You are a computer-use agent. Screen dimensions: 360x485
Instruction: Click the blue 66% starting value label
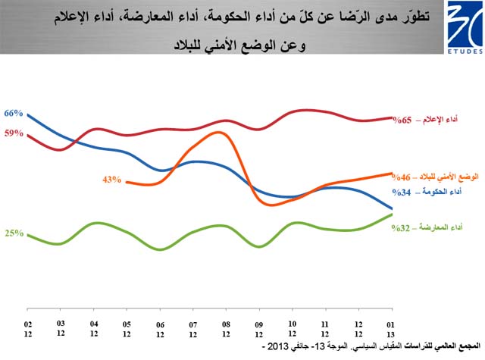(14, 114)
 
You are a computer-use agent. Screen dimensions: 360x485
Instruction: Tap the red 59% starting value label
(14, 133)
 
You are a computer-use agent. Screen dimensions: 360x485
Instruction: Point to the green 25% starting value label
(14, 233)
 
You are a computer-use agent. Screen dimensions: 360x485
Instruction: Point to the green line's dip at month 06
(160, 249)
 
